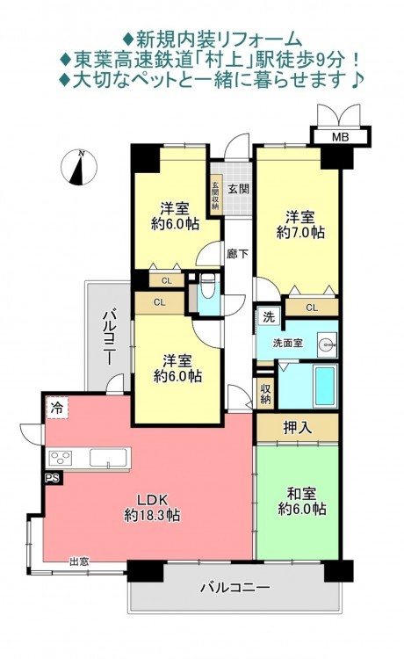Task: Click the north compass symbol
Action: point(79,167)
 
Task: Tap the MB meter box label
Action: point(341,136)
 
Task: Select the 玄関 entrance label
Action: point(239,189)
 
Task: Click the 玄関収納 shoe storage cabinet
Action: point(215,195)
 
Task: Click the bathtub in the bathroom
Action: point(326,386)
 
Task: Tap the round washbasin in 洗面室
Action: point(325,344)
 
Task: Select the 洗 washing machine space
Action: point(269,317)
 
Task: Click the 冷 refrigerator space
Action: point(56,408)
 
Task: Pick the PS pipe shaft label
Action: point(53,477)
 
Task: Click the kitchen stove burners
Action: point(61,458)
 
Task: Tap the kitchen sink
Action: point(108,458)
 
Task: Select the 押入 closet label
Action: point(298,428)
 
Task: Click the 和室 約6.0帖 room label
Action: point(302,501)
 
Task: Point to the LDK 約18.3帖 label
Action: point(153,507)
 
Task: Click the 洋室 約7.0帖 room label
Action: point(300,225)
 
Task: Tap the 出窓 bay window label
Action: point(79,561)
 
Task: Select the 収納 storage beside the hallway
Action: point(265,394)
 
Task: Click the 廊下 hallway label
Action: point(238,254)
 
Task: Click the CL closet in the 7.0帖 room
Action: point(312,308)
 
